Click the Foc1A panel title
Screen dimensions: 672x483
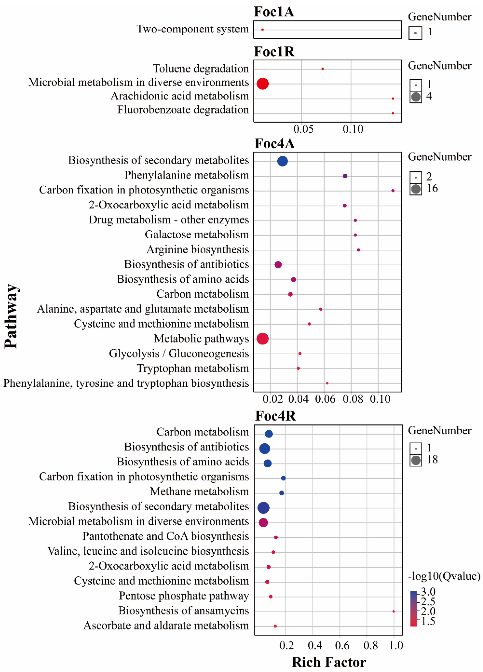pos(274,12)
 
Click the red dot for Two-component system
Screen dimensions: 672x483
pos(262,30)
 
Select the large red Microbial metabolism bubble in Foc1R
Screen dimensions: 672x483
pos(262,84)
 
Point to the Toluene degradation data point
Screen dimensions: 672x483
pos(322,69)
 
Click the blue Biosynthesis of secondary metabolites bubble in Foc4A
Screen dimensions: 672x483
pos(282,161)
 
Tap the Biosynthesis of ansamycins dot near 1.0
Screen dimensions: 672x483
pos(393,611)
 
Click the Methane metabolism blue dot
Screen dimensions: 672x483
pos(282,493)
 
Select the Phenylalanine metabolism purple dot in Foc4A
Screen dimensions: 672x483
pos(345,176)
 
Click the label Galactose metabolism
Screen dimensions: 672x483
pos(197,235)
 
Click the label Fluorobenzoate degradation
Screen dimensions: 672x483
pos(183,110)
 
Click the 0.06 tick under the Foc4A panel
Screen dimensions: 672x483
pos(325,399)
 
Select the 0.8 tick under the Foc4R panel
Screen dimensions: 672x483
pos(370,645)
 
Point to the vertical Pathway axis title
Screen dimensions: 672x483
pos(11,316)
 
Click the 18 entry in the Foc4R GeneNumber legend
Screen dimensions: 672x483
pos(432,460)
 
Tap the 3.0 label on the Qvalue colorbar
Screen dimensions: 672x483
pos(428,592)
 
